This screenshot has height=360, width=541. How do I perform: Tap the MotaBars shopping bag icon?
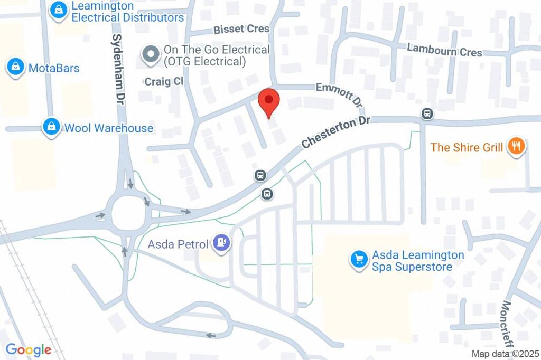16,68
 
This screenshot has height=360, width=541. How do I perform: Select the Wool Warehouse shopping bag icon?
51,127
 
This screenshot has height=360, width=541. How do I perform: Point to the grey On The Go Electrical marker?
152,55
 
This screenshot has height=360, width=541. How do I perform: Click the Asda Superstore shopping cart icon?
359,260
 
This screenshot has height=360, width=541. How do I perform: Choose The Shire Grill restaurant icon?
515,147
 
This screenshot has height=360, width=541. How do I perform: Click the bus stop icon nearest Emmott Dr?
426,113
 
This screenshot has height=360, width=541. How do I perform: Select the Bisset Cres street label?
241,29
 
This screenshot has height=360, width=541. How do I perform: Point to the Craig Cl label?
163,81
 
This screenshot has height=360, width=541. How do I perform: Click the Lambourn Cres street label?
444,50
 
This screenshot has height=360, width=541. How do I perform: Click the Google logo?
28,349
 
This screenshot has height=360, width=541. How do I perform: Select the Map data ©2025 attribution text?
505,354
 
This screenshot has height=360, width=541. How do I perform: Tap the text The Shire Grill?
467,147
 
